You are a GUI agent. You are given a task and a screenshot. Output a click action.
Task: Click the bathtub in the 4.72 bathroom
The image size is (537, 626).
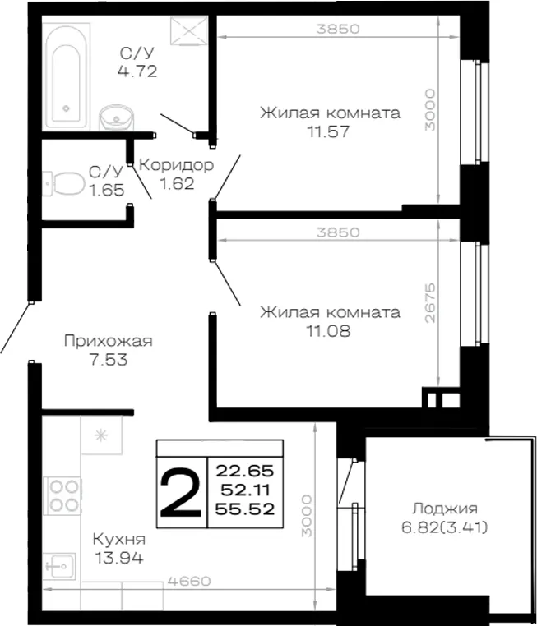(x=66, y=76)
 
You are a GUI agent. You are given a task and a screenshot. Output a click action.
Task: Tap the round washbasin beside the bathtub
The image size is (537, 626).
(x=116, y=117)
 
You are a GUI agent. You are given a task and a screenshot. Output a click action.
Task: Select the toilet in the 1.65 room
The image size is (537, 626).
(x=64, y=184)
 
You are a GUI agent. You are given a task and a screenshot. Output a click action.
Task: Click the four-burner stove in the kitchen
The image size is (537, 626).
(x=62, y=496)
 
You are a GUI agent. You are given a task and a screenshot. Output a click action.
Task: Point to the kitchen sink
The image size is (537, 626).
(x=59, y=566)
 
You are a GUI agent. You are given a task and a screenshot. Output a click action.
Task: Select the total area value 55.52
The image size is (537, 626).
(x=245, y=509)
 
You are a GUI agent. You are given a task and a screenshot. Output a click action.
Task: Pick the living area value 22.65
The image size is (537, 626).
(x=245, y=471)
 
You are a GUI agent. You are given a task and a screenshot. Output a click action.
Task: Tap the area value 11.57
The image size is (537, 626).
(x=328, y=131)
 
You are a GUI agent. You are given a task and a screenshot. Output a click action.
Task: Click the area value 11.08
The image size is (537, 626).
(x=328, y=330)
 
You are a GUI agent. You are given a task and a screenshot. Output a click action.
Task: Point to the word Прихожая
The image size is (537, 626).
(x=109, y=342)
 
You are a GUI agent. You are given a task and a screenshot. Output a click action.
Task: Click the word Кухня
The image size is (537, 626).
(x=119, y=540)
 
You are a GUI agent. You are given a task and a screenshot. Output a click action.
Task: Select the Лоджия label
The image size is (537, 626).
(x=445, y=509)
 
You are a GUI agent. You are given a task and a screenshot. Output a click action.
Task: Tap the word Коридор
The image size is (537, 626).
(x=176, y=165)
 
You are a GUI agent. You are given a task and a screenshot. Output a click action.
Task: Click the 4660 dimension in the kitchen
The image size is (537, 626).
(x=189, y=582)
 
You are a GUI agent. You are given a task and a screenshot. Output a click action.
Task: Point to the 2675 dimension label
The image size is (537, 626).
(x=430, y=303)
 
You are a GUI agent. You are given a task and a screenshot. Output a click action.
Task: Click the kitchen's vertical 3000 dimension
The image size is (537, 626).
(x=307, y=516)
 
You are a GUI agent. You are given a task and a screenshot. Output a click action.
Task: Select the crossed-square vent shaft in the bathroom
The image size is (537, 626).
(x=189, y=30)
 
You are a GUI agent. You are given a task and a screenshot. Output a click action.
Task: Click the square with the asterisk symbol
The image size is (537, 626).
(x=101, y=435)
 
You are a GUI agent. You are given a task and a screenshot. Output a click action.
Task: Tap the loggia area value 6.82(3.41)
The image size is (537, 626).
(x=445, y=527)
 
